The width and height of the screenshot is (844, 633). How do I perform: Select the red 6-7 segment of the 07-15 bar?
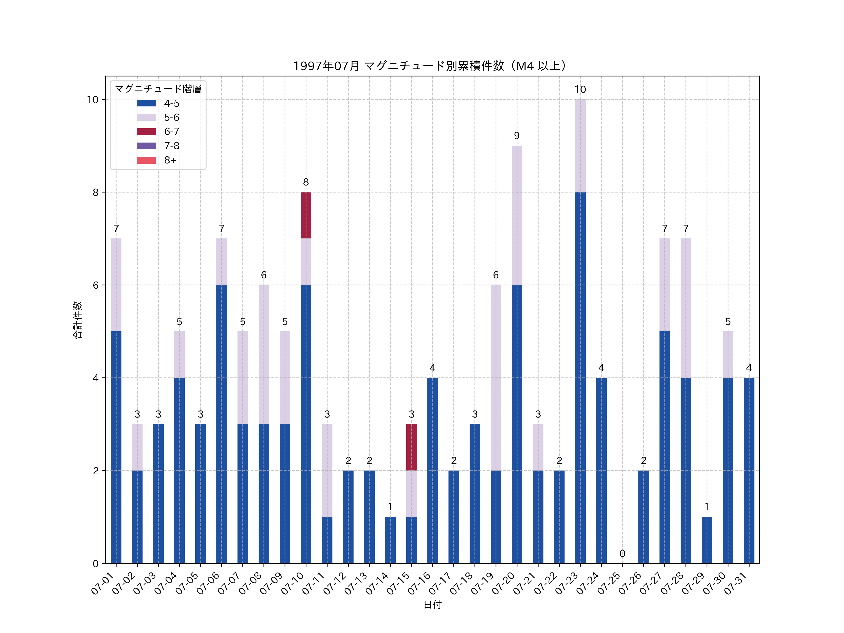tap(411, 447)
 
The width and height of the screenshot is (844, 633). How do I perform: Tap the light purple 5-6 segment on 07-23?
tap(580, 146)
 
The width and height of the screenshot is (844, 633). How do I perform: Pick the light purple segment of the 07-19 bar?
tap(496, 378)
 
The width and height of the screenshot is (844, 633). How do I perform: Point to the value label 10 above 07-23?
tap(580, 90)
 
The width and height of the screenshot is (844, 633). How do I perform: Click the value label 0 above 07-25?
tap(622, 553)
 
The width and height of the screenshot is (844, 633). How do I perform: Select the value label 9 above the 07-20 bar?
tap(517, 136)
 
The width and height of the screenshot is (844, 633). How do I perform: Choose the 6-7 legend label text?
tap(172, 132)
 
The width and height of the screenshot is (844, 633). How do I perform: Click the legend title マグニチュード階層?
tap(158, 89)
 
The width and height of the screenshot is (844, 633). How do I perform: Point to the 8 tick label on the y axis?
tap(95, 192)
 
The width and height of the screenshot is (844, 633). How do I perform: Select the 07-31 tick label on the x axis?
tap(736, 584)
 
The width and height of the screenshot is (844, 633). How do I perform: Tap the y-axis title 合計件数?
tap(77, 320)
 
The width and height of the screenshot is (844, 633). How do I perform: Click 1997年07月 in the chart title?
tap(326, 66)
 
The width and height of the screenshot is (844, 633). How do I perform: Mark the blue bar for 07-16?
tap(432, 471)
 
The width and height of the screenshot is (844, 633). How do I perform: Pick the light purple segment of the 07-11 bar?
tap(327, 471)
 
